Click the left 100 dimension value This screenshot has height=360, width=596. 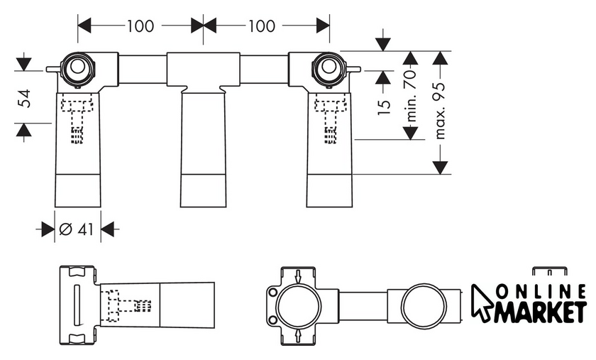click(140, 26)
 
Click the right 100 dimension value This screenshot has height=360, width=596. click(262, 26)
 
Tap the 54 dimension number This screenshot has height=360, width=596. click(25, 98)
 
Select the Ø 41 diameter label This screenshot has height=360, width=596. click(77, 229)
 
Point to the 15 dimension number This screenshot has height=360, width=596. click(384, 107)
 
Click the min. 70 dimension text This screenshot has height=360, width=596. click(412, 96)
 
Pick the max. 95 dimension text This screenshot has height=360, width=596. click(440, 111)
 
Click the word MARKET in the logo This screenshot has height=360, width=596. click(540, 311)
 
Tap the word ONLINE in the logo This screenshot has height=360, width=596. click(541, 292)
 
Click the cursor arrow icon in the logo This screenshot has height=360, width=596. click(482, 303)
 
